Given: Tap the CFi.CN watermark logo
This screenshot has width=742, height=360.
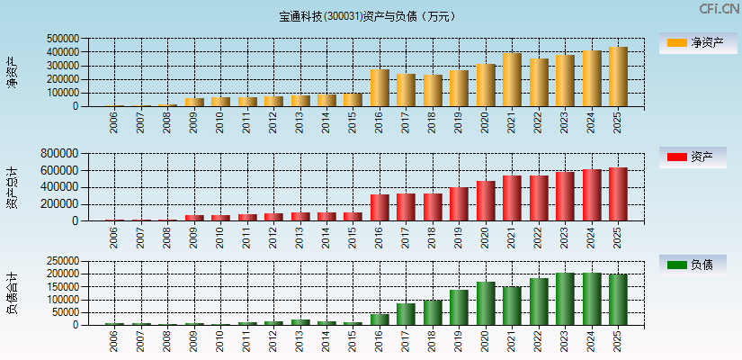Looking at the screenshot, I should pyautogui.click(x=720, y=9).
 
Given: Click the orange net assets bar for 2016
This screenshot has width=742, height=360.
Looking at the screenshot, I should pyautogui.click(x=380, y=88).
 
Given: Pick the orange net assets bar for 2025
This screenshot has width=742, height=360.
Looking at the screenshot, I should pyautogui.click(x=618, y=76).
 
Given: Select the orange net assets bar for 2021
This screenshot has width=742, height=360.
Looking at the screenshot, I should pyautogui.click(x=512, y=80).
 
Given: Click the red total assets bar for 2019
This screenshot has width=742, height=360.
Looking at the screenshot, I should pyautogui.click(x=459, y=204).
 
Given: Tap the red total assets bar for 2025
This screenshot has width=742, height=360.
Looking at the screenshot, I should pyautogui.click(x=618, y=194).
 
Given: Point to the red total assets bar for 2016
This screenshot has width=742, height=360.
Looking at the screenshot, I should pyautogui.click(x=380, y=208).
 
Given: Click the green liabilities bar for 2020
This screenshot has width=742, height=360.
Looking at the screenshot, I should pyautogui.click(x=486, y=303).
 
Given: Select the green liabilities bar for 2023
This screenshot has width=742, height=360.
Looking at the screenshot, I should pyautogui.click(x=565, y=299).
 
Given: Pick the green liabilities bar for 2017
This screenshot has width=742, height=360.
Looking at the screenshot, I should pyautogui.click(x=406, y=314).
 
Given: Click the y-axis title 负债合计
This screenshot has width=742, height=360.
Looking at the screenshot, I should pyautogui.click(x=12, y=292).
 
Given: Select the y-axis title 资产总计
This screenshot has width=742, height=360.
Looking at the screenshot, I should pyautogui.click(x=12, y=187).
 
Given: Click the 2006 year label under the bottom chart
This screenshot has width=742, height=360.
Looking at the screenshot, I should pyautogui.click(x=114, y=340).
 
